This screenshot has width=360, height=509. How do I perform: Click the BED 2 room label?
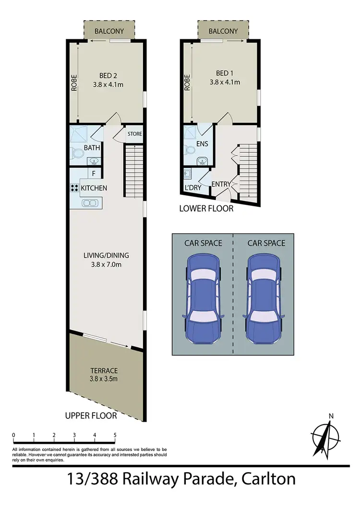[108, 75]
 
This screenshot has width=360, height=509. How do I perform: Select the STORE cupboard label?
[134, 134]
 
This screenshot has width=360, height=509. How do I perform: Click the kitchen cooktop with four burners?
[74, 189]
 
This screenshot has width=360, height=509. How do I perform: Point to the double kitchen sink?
[89, 203]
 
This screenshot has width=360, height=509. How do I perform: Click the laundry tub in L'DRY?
[187, 174]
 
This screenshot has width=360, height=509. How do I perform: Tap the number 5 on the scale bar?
[115, 436]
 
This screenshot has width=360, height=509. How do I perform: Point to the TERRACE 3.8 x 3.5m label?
[104, 375]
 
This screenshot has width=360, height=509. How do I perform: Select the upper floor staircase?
[134, 171]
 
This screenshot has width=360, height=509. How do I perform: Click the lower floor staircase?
[249, 170]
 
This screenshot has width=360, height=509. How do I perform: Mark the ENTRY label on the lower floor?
[221, 184]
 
